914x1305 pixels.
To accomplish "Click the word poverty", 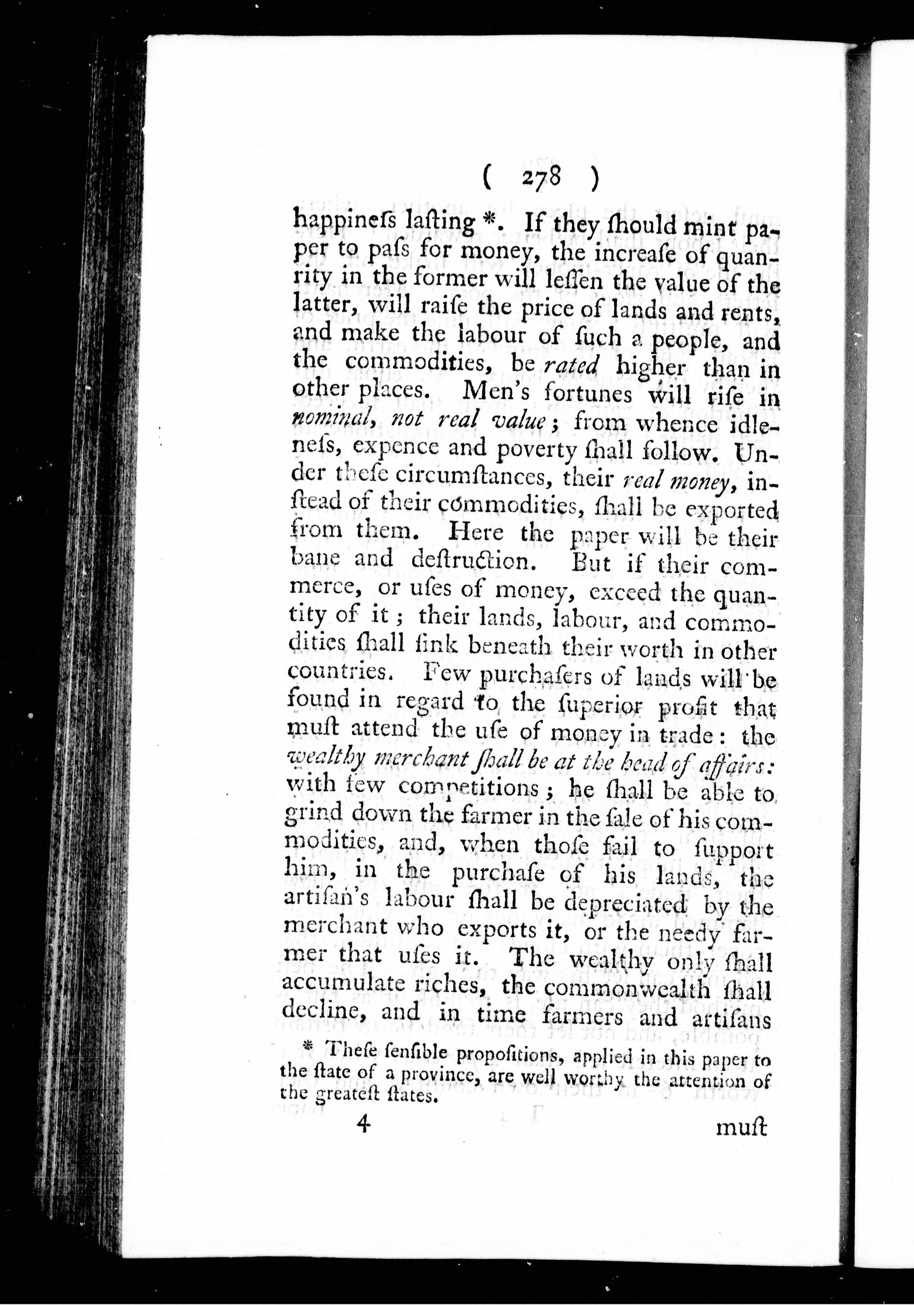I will click(530, 452).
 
